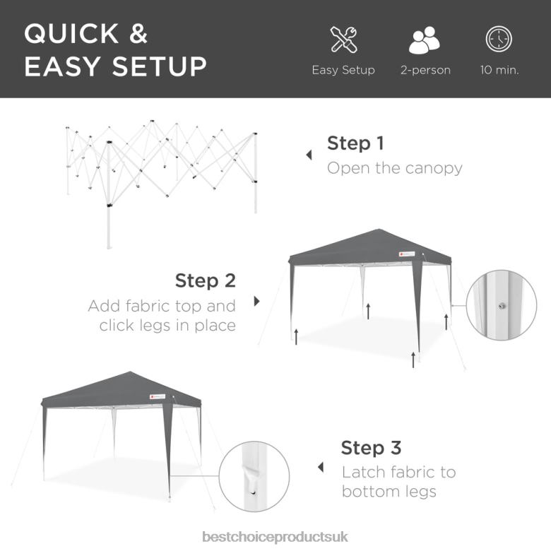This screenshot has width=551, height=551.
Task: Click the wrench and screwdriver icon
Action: [343, 40]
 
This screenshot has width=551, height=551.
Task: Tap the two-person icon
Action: [425, 40]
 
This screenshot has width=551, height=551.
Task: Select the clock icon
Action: [499, 40]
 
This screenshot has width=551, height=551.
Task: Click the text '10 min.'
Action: [499, 71]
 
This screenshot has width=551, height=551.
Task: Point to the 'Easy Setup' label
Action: [343, 71]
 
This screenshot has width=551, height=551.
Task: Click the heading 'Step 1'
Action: [355, 143]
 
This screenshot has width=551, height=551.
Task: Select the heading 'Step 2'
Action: [206, 280]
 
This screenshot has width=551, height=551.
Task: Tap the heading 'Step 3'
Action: [371, 448]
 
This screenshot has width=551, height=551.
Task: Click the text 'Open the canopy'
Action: [394, 168]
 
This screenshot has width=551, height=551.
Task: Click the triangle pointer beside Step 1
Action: [309, 155]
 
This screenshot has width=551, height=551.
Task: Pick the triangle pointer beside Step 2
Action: [256, 301]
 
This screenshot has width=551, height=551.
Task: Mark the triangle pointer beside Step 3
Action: [321, 467]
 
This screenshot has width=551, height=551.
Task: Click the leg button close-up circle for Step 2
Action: [501, 305]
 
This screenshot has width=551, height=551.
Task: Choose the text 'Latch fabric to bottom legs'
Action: [398, 481]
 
